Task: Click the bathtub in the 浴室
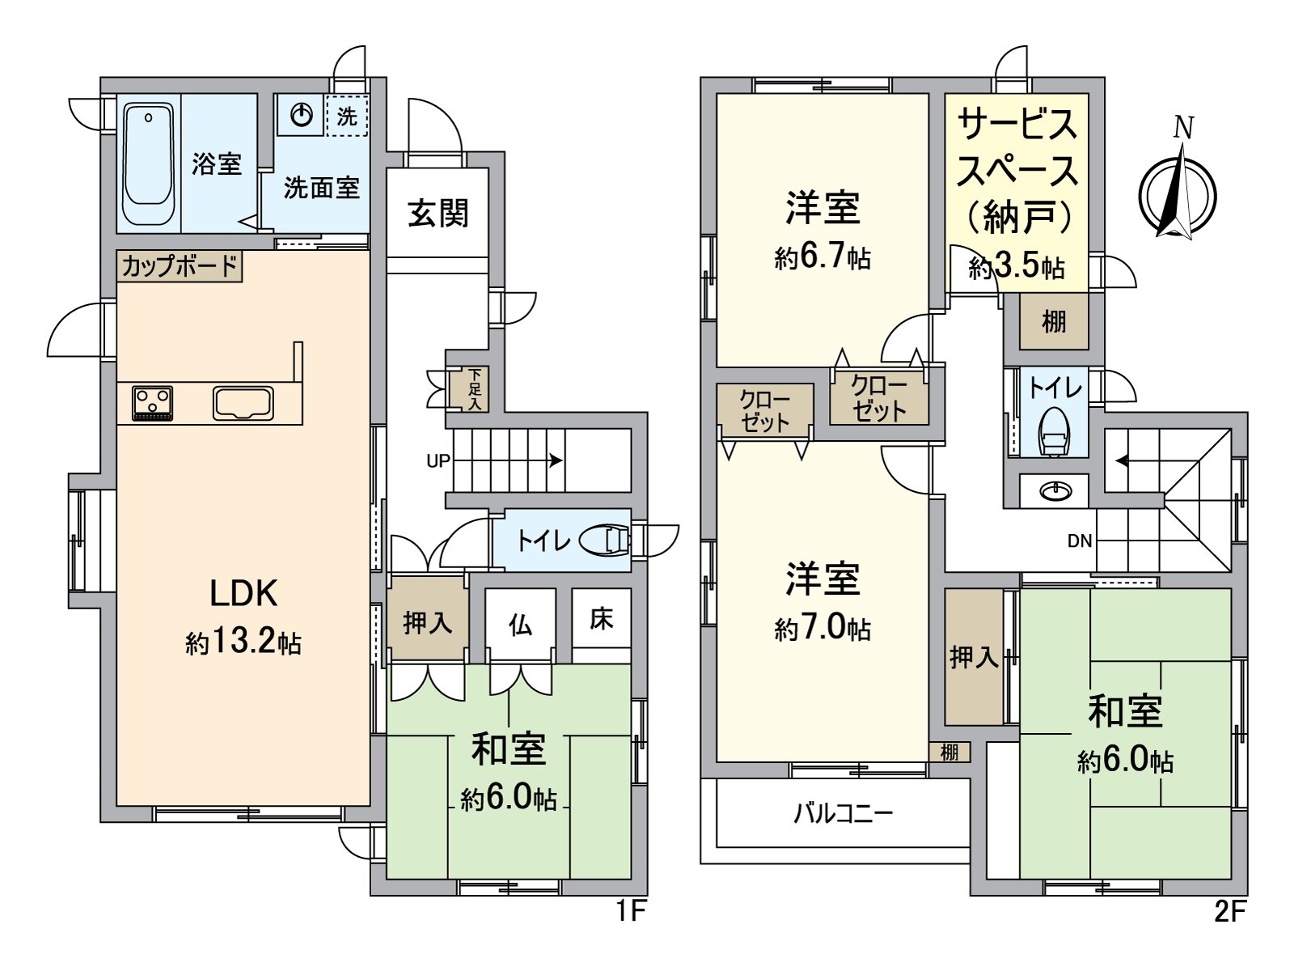pos(150,164)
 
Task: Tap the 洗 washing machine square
pos(347,116)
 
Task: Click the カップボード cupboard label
pos(180,265)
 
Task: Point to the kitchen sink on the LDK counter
pos(243,402)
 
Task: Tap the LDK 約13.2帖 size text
pos(243,643)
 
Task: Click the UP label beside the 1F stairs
pos(438,461)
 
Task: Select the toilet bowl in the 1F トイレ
pos(607,541)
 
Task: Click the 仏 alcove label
pos(520,624)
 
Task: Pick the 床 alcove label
pos(601,619)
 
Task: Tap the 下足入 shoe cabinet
pos(475,388)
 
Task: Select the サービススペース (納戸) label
pos(1017,170)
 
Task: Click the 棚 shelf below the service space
pos(1053,321)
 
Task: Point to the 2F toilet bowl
pos(1055,433)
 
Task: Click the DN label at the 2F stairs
pos(1080,541)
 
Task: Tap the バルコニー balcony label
pos(843,812)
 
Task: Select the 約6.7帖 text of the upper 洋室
pos(822,257)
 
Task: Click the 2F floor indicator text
pos(1228,912)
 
